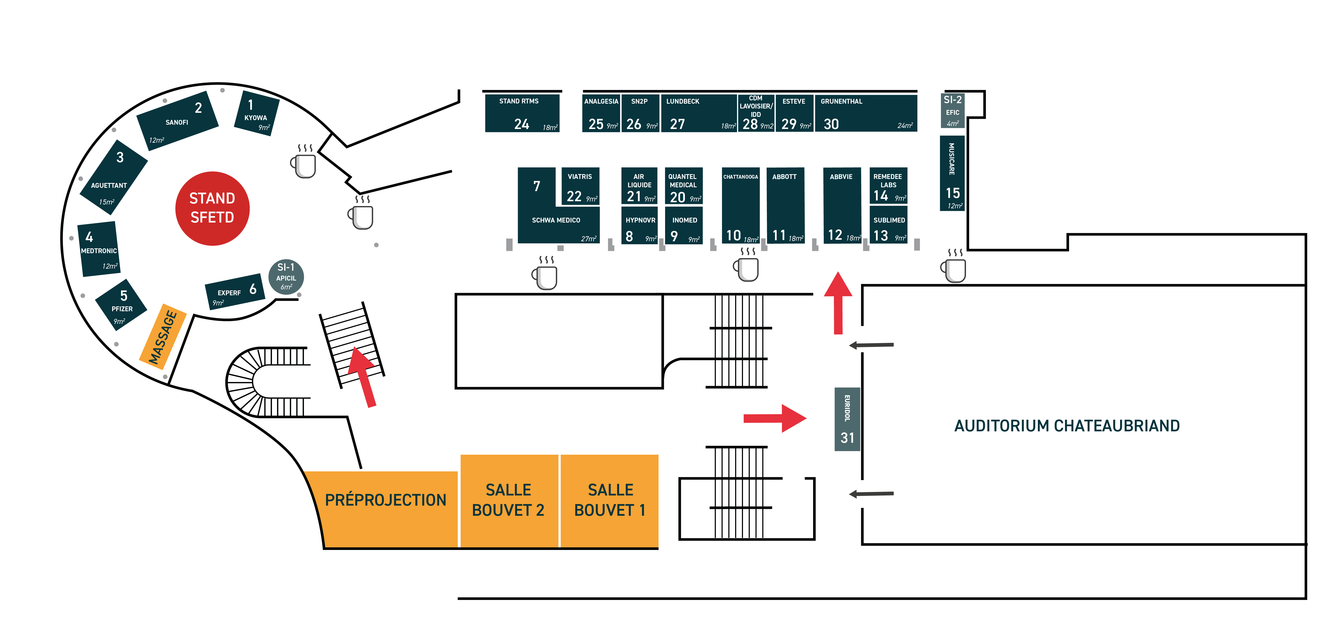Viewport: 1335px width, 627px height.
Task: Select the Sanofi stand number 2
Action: [x=177, y=121]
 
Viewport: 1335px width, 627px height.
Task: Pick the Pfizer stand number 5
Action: [x=121, y=304]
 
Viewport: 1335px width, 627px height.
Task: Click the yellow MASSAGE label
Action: [x=163, y=337]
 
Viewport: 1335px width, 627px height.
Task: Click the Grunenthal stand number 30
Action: [x=866, y=113]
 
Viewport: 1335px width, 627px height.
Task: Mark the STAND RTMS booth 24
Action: [x=522, y=113]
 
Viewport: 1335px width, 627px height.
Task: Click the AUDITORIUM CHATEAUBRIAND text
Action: [x=1067, y=426]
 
